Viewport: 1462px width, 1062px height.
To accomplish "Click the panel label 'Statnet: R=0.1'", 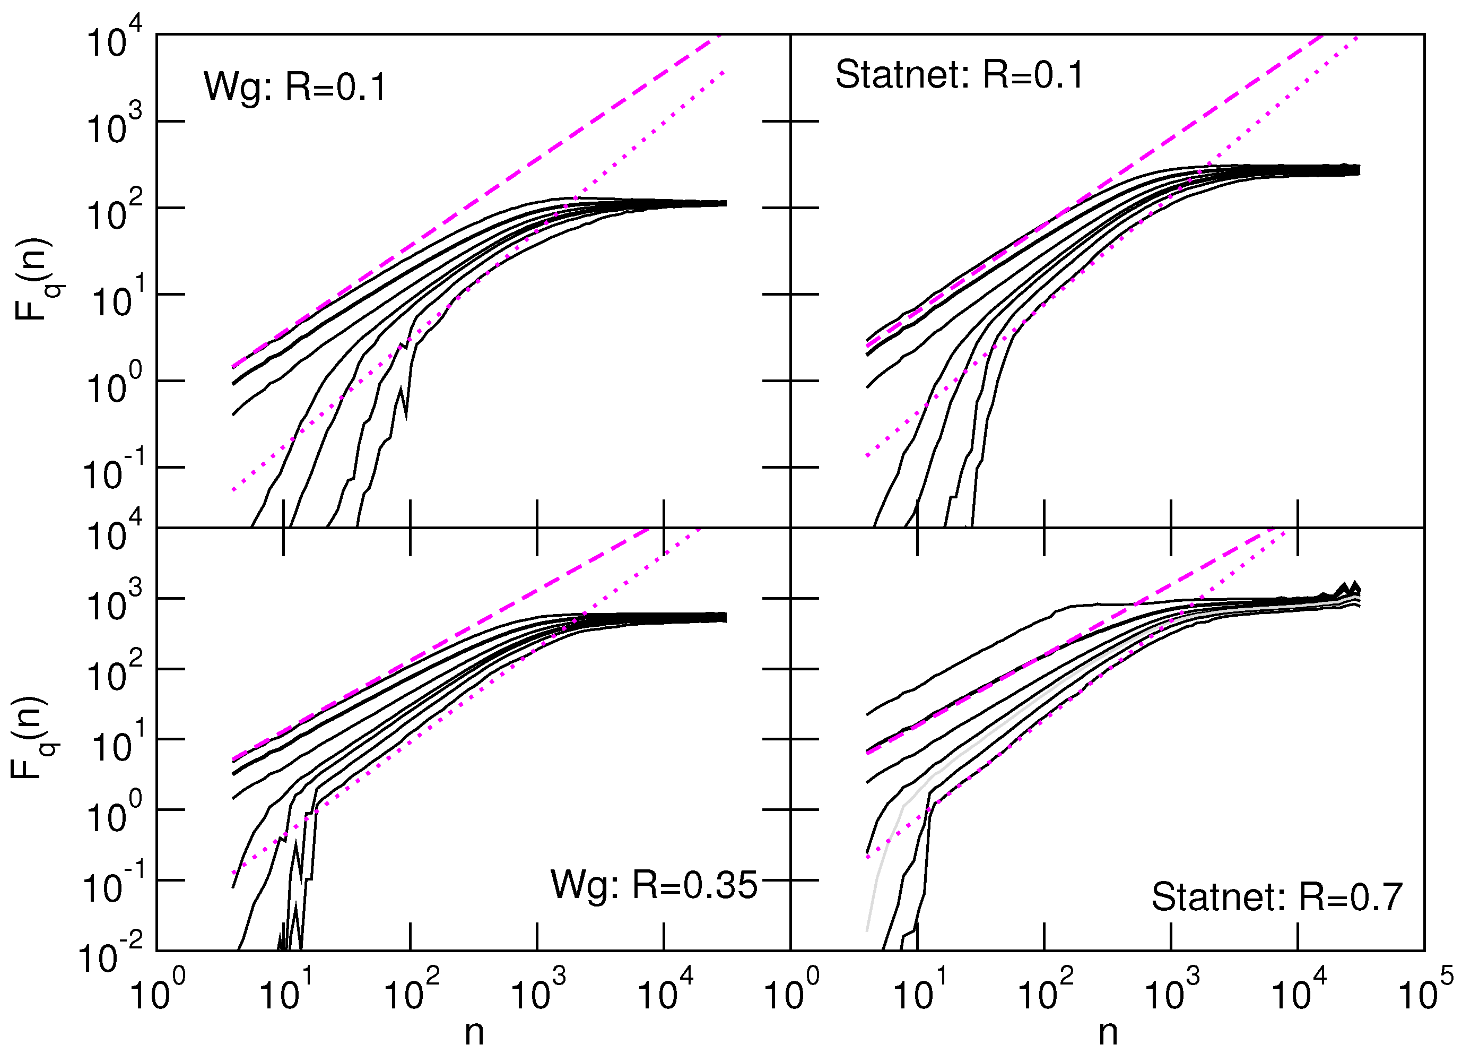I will [959, 75].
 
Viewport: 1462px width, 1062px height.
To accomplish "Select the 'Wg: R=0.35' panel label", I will [653, 885].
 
